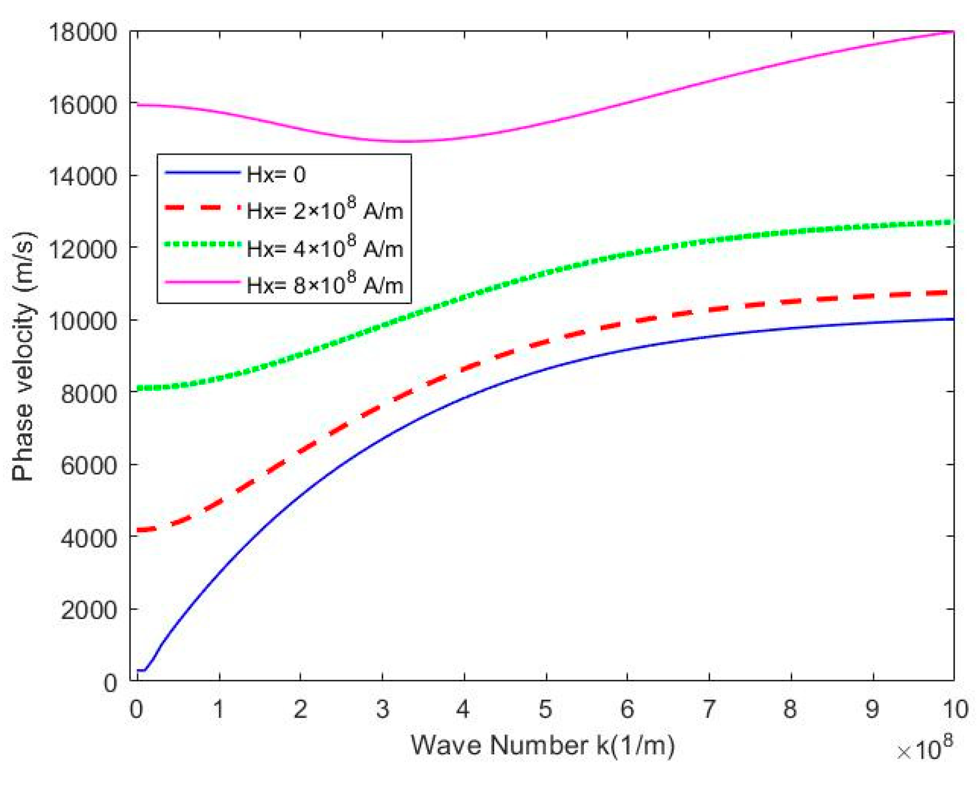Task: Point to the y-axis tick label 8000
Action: pyautogui.click(x=89, y=393)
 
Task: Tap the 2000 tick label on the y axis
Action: pyautogui.click(x=89, y=610)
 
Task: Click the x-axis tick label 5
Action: pyautogui.click(x=545, y=709)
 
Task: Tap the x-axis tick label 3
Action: pyautogui.click(x=382, y=709)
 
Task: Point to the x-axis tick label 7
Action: pyautogui.click(x=709, y=709)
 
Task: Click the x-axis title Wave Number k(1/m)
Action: pyautogui.click(x=542, y=745)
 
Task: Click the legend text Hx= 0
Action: pyautogui.click(x=276, y=175)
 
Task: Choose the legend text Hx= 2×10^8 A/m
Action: pyautogui.click(x=324, y=210)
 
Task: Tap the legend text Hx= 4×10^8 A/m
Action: pyautogui.click(x=324, y=248)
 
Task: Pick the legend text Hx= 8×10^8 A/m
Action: pyautogui.click(x=324, y=285)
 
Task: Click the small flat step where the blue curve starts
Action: pyautogui.click(x=141, y=670)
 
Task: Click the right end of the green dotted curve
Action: pyautogui.click(x=951, y=222)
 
